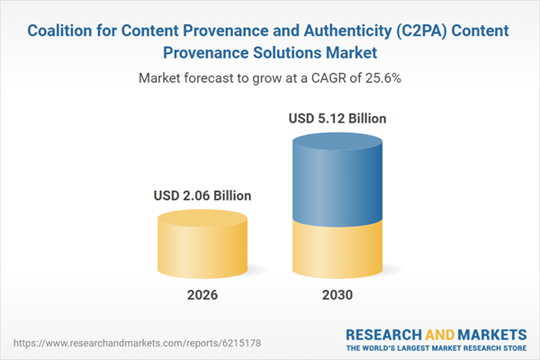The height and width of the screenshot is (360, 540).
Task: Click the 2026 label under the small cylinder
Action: [x=202, y=294]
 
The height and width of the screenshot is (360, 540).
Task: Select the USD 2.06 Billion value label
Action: [x=202, y=194]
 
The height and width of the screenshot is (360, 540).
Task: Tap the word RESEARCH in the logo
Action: [x=386, y=333]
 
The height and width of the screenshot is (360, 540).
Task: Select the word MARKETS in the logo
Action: [x=491, y=333]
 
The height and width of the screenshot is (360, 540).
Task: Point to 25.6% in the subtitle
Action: [x=381, y=78]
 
